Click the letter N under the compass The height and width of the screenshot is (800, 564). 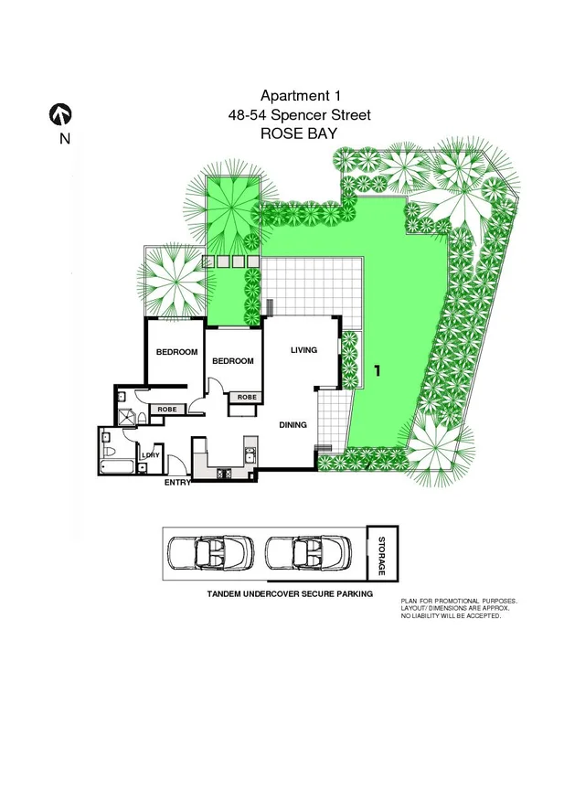pyautogui.click(x=63, y=139)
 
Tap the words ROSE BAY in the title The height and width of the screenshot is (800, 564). pyautogui.click(x=299, y=133)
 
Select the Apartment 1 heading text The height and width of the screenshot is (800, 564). pyautogui.click(x=298, y=96)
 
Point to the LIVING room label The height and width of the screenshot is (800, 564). pyautogui.click(x=303, y=350)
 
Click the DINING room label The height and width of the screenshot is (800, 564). pyautogui.click(x=293, y=424)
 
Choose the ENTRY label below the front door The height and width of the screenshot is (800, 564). pyautogui.click(x=176, y=482)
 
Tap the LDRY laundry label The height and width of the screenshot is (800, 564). pyautogui.click(x=151, y=455)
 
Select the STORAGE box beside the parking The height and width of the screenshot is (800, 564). pyautogui.click(x=381, y=554)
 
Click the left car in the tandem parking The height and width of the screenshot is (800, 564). pyautogui.click(x=211, y=554)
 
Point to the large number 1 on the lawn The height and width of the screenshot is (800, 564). pyautogui.click(x=376, y=371)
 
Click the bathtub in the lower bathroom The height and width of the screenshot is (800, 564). pyautogui.click(x=118, y=468)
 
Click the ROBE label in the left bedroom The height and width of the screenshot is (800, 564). pyautogui.click(x=167, y=409)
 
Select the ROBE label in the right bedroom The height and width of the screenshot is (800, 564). pyautogui.click(x=247, y=397)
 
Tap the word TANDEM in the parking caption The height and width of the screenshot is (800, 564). pyautogui.click(x=229, y=594)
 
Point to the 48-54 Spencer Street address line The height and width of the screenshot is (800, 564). pyautogui.click(x=299, y=115)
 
